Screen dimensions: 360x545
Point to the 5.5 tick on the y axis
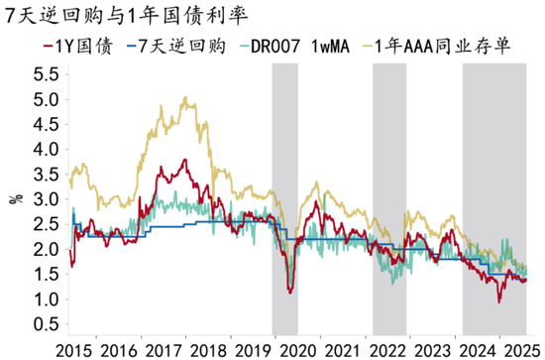(x=42, y=74)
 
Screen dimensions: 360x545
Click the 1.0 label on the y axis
(x=42, y=300)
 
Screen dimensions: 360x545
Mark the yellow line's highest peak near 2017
(x=185, y=98)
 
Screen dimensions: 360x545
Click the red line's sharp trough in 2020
(x=288, y=292)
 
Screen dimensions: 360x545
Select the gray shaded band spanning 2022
(x=388, y=198)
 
